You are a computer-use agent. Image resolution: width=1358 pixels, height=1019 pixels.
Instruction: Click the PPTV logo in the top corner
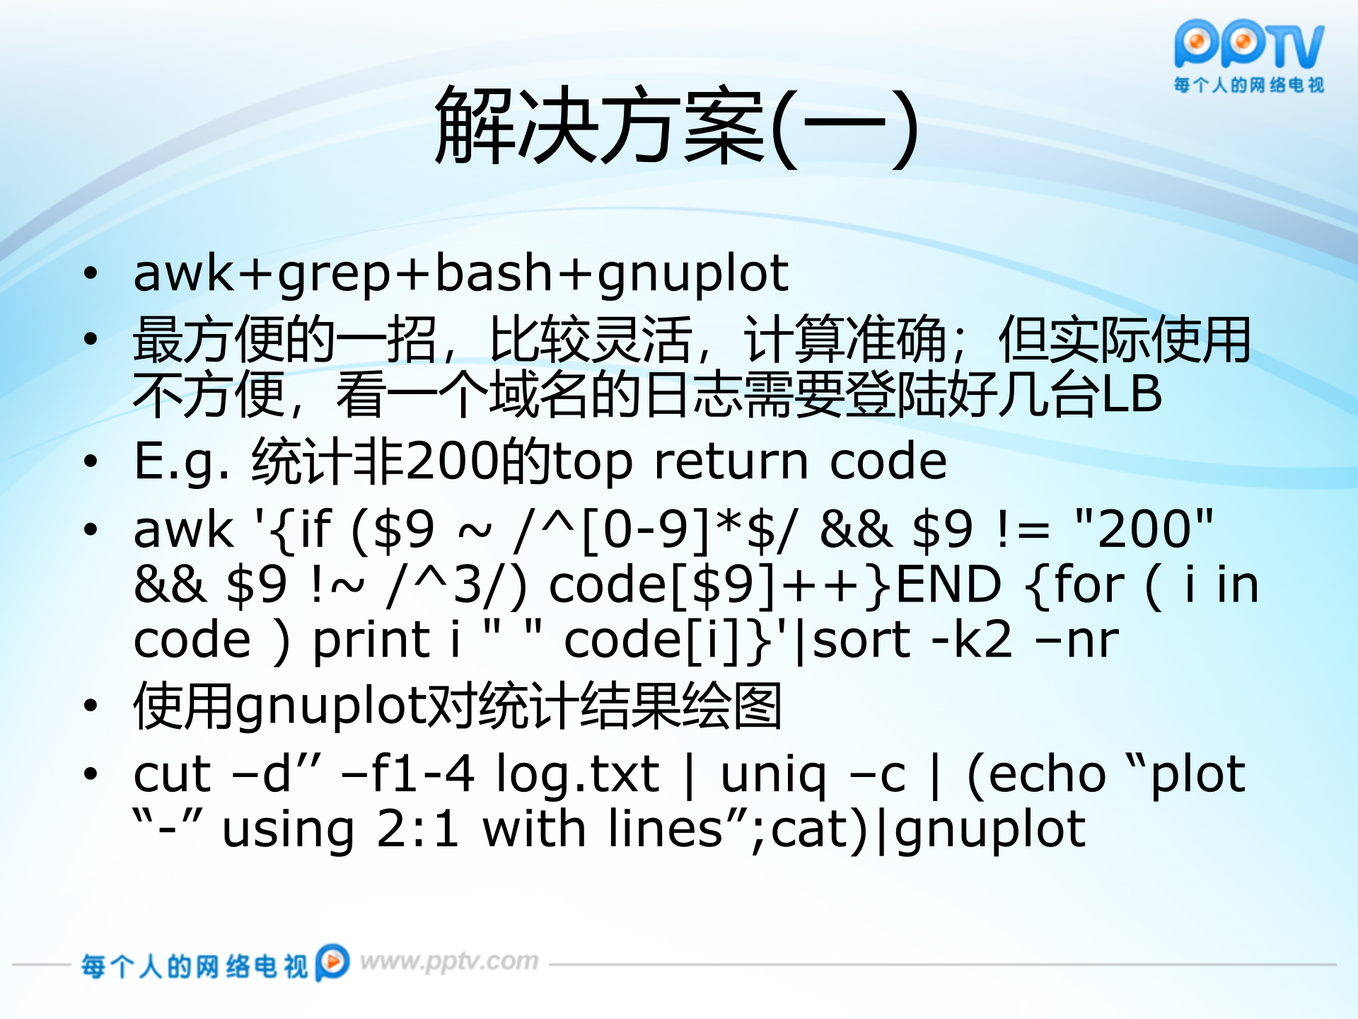click(x=1249, y=47)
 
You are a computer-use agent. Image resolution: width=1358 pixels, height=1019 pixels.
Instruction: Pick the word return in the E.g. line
click(x=731, y=462)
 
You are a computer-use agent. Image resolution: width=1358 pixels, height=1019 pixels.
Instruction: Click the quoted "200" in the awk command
click(x=1143, y=529)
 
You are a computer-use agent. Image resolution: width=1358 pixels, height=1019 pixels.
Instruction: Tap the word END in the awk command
click(x=948, y=585)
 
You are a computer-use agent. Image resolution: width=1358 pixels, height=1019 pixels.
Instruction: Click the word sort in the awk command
click(x=861, y=640)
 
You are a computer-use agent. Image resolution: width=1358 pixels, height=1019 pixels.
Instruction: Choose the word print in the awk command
click(x=372, y=640)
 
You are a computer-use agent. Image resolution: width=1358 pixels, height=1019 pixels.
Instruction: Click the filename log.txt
click(x=577, y=774)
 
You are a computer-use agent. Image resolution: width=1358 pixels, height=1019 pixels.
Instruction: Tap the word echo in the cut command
click(x=1047, y=774)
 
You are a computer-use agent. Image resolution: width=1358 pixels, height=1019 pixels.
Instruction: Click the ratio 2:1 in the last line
click(x=417, y=829)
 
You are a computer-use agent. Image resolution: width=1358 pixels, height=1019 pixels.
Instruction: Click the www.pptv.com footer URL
click(x=449, y=962)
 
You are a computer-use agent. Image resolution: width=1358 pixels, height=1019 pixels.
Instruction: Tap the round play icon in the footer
click(x=332, y=962)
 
